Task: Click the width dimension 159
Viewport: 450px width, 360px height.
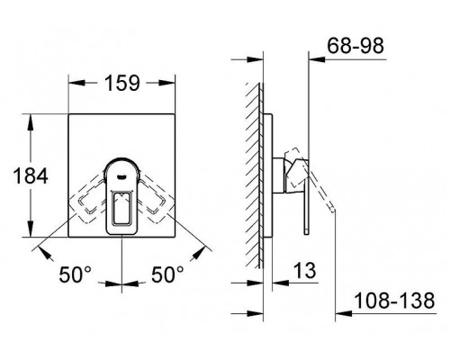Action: pos(121,83)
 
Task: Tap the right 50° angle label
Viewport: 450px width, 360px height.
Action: pos(169,272)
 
